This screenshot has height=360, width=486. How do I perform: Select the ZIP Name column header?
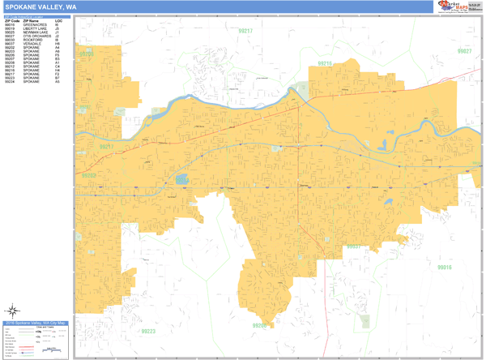32,20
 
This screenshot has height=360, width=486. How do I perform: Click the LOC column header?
58,20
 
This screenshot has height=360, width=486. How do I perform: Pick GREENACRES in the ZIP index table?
34,25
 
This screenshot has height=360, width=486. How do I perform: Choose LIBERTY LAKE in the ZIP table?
34,29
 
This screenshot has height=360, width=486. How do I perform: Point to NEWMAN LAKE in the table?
34,33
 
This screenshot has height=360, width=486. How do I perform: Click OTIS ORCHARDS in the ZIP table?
36,37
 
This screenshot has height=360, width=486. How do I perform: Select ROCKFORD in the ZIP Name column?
32,42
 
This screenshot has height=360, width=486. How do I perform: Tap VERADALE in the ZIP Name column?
32,46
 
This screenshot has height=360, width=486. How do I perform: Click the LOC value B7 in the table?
58,79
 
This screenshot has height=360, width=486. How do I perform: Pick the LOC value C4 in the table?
58,66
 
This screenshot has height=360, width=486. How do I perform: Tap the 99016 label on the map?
444,266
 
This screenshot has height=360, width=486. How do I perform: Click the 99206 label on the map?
260,324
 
